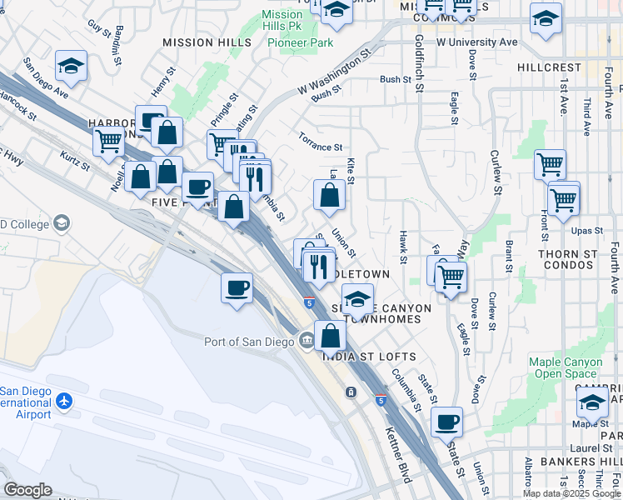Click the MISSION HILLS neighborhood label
point(207,42)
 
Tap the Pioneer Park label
point(306,42)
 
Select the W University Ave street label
point(476,41)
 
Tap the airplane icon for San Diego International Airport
point(64,402)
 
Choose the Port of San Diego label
point(249,341)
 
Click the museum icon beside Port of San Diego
point(307,340)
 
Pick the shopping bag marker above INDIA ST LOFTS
point(331,337)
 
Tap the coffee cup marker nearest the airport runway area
point(237,288)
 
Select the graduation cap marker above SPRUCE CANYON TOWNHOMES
point(357,298)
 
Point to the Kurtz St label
point(75,161)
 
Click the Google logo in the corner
point(27,490)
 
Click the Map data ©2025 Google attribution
point(571,493)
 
